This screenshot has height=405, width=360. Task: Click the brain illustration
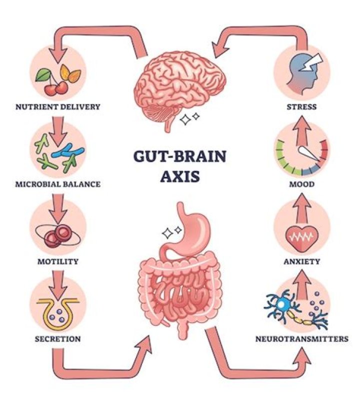tap(179, 88)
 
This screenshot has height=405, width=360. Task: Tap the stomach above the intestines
tap(188, 232)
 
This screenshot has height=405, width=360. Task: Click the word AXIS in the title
tap(180, 176)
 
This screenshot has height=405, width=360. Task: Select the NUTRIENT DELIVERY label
tap(58, 106)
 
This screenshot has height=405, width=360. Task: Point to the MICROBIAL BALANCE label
tap(58, 184)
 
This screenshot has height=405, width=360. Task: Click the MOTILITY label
tap(58, 261)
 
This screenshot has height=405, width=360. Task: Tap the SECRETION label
tap(58, 338)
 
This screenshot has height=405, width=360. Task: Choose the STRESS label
tap(301, 106)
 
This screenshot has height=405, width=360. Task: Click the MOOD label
tap(302, 184)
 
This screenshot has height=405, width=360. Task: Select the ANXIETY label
tap(302, 261)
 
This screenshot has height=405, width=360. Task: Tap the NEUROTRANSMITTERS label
tap(302, 338)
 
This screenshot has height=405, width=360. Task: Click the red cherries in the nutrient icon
tap(56, 88)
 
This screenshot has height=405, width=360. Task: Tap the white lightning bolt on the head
tap(311, 62)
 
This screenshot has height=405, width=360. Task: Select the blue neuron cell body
tap(283, 304)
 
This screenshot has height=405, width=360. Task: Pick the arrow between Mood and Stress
tap(302, 131)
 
